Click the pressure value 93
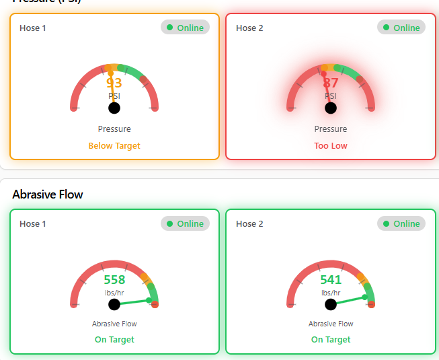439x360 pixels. (114, 83)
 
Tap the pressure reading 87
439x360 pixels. (331, 83)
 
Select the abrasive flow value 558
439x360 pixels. (114, 280)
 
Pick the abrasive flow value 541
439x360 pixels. (331, 280)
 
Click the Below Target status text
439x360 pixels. (114, 145)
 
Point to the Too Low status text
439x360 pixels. (331, 145)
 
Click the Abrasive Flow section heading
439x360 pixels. (48, 194)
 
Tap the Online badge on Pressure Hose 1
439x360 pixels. (186, 28)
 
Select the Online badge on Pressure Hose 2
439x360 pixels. (402, 28)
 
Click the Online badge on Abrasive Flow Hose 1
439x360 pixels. (186, 224)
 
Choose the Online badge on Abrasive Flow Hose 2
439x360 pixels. (402, 224)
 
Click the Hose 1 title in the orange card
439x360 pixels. (33, 28)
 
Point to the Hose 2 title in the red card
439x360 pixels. (249, 28)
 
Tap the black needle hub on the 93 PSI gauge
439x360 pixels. (114, 108)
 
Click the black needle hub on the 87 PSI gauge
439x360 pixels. (331, 108)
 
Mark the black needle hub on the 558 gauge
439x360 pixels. (114, 305)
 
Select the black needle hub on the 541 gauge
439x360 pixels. (331, 305)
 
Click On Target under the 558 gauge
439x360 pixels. (114, 340)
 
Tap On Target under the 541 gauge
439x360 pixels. (331, 340)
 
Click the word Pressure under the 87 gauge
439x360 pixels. (331, 129)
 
